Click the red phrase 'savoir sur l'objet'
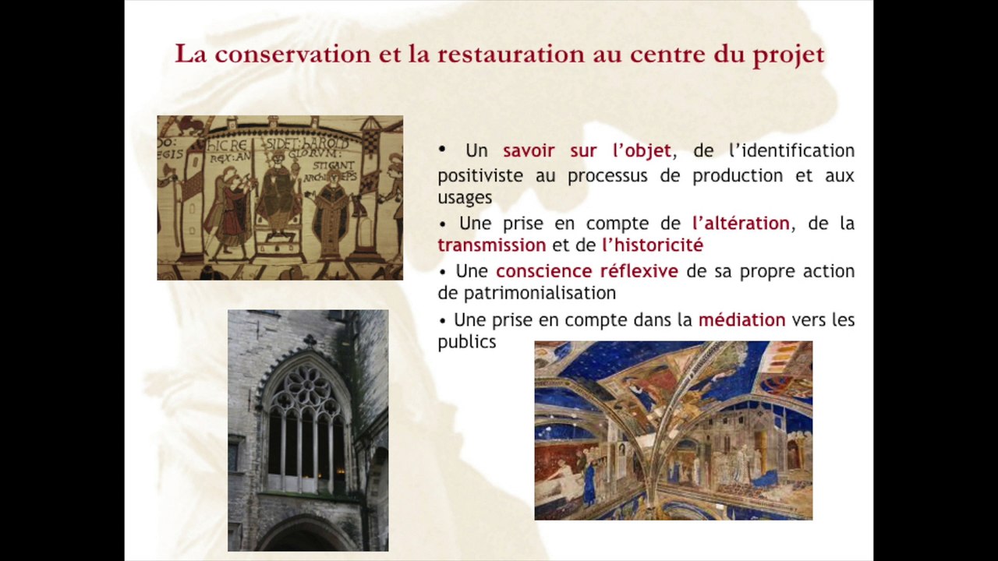(586, 150)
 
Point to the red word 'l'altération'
(741, 224)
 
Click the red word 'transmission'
(491, 245)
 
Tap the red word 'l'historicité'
(653, 245)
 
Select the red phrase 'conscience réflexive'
(586, 271)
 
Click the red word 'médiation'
(741, 319)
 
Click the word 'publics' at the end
(466, 342)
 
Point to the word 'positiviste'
(481, 176)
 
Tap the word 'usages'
(465, 198)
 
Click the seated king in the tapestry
(278, 195)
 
